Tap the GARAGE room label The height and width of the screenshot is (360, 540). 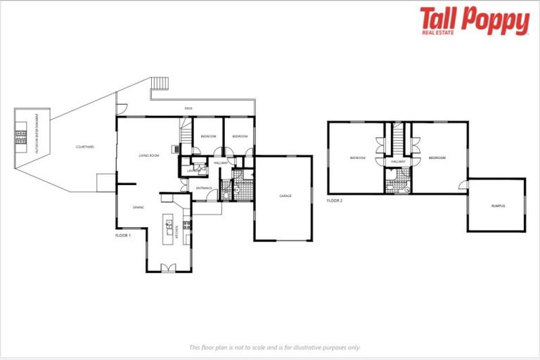[x=285, y=195]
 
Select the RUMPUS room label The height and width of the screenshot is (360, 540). [x=498, y=205]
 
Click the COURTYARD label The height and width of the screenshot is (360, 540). [x=85, y=147]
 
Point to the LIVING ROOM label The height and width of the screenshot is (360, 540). [x=148, y=155]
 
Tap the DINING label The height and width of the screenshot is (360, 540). [x=139, y=207]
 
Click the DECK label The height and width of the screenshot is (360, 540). [x=188, y=108]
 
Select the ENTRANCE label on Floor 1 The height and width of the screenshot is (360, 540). [x=204, y=188]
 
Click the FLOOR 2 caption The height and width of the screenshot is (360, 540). [x=335, y=201]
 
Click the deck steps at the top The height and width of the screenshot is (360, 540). [x=160, y=83]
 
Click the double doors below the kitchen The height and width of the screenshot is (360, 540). [x=167, y=267]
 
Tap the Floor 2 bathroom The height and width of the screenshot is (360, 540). [x=398, y=181]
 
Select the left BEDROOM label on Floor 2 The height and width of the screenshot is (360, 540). [x=357, y=158]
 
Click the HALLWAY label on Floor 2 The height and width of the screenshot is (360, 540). [x=399, y=162]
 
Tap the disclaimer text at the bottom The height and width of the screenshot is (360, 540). [x=274, y=347]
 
